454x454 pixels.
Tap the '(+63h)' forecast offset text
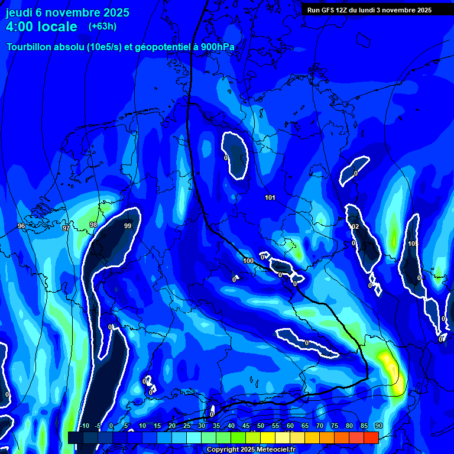point(102,26)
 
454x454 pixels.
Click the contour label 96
point(21,226)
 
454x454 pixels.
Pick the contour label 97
point(66,228)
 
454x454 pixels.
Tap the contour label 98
point(93,225)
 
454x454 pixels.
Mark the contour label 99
point(128,226)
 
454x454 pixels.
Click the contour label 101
point(270,197)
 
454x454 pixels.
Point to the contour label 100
point(248,261)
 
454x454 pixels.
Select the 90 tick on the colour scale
point(378,426)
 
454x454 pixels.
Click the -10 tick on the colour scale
point(84,426)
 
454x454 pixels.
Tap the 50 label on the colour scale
point(261,426)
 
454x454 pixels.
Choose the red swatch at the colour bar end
point(371,437)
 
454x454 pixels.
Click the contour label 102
point(354,227)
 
